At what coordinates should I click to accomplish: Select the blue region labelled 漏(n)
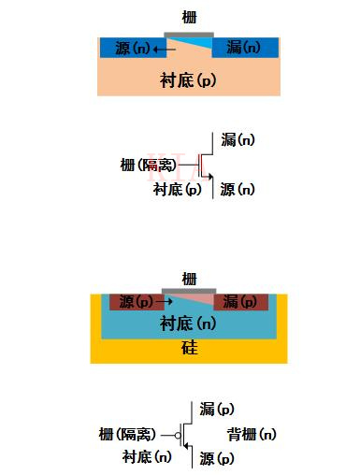[x=245, y=48]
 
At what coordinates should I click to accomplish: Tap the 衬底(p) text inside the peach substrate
[x=189, y=80]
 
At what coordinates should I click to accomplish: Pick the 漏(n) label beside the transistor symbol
[x=238, y=140]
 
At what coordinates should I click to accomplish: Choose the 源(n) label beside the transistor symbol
[x=238, y=190]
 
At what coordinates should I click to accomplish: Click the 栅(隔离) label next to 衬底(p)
[x=147, y=166]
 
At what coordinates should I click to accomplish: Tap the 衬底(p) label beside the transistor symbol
[x=177, y=190]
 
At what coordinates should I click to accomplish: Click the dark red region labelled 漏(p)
[x=241, y=302]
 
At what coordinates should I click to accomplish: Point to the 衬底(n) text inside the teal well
[x=189, y=324]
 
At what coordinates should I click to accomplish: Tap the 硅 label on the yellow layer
[x=190, y=350]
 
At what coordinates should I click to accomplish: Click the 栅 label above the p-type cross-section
[x=190, y=278]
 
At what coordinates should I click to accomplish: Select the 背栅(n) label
[x=252, y=435]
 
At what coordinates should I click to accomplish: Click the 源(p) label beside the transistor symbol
[x=217, y=459]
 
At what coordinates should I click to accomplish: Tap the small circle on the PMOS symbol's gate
[x=177, y=436]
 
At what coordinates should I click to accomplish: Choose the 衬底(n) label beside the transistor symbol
[x=147, y=457]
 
